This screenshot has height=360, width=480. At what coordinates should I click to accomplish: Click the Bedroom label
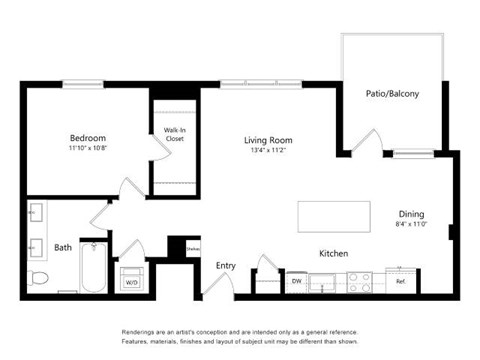tap(88, 137)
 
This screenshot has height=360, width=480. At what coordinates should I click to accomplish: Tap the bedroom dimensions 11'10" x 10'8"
tap(88, 149)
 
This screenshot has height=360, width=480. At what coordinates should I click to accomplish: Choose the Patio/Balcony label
tap(392, 94)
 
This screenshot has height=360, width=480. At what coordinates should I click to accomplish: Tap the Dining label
tap(411, 214)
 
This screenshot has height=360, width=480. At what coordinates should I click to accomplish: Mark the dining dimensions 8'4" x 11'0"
tap(411, 226)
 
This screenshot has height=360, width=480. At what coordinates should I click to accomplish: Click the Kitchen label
tap(333, 254)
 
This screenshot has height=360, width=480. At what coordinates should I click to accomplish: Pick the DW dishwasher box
tap(296, 282)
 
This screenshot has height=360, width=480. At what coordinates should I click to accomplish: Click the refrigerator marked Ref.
tap(401, 281)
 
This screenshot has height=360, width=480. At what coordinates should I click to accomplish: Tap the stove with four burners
tap(359, 282)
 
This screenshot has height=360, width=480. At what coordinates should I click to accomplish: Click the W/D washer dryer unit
tap(131, 279)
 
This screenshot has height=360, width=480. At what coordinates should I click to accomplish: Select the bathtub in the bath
tap(94, 268)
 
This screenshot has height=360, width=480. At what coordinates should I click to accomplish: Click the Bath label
tap(63, 247)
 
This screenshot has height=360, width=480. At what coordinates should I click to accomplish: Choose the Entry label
tap(226, 265)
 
